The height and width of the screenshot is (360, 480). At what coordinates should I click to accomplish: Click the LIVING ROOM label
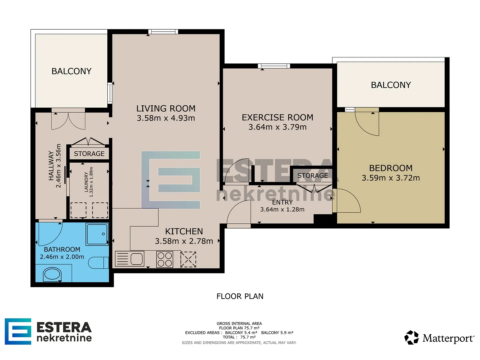[166, 108]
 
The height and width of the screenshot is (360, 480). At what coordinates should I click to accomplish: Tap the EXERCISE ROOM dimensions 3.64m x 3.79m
[277, 127]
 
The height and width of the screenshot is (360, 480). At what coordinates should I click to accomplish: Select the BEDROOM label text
[391, 168]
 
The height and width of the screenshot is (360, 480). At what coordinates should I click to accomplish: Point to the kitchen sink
[129, 259]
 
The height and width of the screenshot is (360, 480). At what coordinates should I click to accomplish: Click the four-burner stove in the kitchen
[165, 259]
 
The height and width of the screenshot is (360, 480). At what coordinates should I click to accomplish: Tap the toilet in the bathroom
[98, 263]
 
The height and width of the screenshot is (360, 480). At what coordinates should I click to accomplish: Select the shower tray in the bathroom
[97, 234]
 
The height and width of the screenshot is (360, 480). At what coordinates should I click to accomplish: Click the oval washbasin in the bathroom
[52, 274]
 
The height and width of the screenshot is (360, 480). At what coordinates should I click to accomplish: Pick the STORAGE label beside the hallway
[89, 154]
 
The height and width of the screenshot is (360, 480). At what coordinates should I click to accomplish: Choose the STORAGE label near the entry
[312, 176]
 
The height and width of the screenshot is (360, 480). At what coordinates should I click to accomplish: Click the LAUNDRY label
[86, 182]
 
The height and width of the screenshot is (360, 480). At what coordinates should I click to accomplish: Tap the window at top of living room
[163, 32]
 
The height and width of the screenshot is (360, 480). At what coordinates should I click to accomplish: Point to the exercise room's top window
[274, 66]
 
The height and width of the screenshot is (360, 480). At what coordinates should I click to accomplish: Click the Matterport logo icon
[411, 337]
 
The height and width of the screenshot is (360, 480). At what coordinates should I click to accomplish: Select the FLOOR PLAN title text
[240, 296]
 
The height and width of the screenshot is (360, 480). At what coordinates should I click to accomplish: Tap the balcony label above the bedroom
[391, 85]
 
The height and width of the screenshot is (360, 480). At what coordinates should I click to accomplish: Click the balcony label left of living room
[72, 71]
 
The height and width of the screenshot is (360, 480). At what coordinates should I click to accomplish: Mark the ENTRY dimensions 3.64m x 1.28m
[282, 209]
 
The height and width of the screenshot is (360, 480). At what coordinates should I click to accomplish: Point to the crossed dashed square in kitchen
[188, 259]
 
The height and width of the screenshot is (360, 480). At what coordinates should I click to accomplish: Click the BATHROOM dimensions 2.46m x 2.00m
[62, 257]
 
